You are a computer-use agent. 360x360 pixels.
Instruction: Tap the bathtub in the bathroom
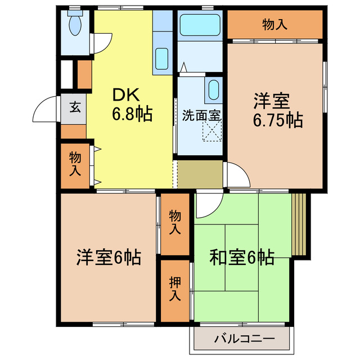[x=200, y=25]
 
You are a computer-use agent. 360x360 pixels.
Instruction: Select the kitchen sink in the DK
[x=161, y=58]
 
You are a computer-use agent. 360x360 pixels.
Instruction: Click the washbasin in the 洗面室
[x=213, y=91]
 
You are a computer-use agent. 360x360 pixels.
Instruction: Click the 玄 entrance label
[x=74, y=106]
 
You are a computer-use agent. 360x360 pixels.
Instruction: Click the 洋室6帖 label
[x=109, y=258]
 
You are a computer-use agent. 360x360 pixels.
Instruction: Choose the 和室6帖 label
[x=242, y=258]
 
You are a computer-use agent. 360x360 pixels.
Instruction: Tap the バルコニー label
[x=244, y=339]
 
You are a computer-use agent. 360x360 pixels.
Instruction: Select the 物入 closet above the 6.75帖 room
[x=275, y=24]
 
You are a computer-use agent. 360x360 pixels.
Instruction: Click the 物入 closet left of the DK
[x=74, y=164]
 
